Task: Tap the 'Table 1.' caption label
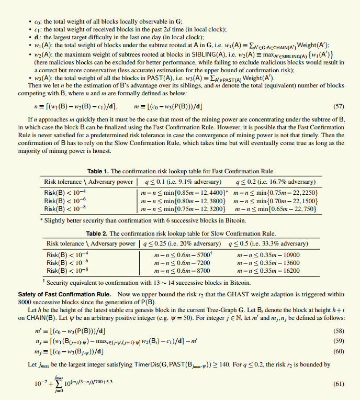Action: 98,171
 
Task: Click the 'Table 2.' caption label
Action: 97,234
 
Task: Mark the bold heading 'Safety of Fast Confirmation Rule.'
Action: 64,294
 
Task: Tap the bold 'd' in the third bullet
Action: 36,37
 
